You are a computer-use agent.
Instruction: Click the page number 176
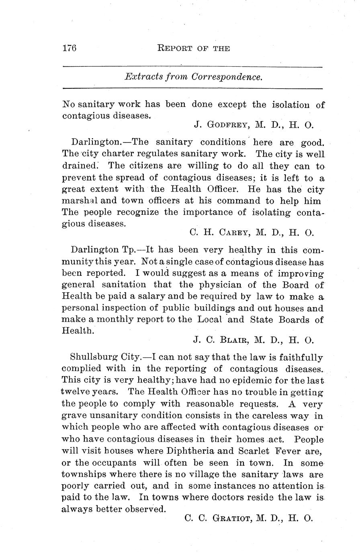click(70, 48)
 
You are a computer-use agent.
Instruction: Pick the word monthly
click(108, 320)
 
